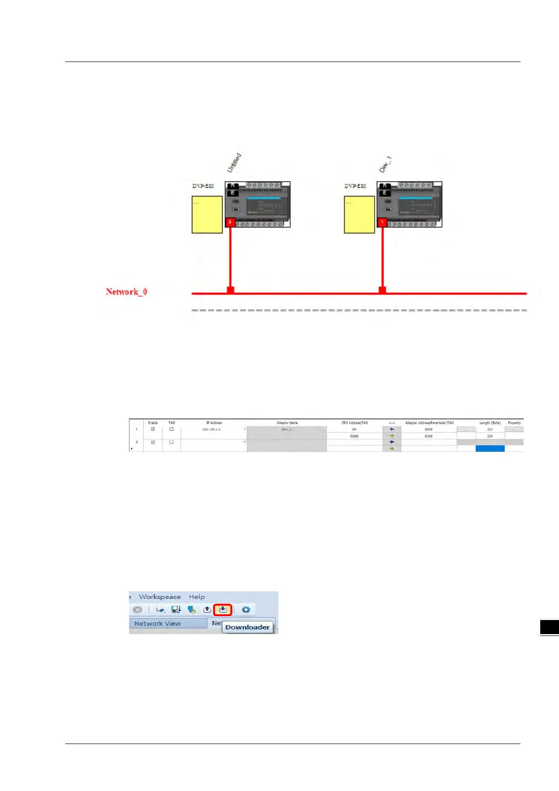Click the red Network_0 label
(126, 292)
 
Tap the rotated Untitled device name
(234, 163)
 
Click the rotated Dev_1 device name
(385, 164)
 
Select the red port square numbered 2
(230, 222)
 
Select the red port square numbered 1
(382, 222)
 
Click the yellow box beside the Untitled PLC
(207, 214)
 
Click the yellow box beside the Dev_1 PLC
(359, 214)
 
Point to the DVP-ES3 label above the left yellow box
(203, 186)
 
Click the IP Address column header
(214, 423)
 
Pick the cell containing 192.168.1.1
(211, 429)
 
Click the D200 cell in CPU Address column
(354, 436)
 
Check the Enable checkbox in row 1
(153, 429)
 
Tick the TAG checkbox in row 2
(172, 442)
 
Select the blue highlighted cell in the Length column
(490, 449)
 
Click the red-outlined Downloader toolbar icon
(223, 610)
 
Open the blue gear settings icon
(246, 610)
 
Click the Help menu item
(197, 597)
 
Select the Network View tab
(158, 623)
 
